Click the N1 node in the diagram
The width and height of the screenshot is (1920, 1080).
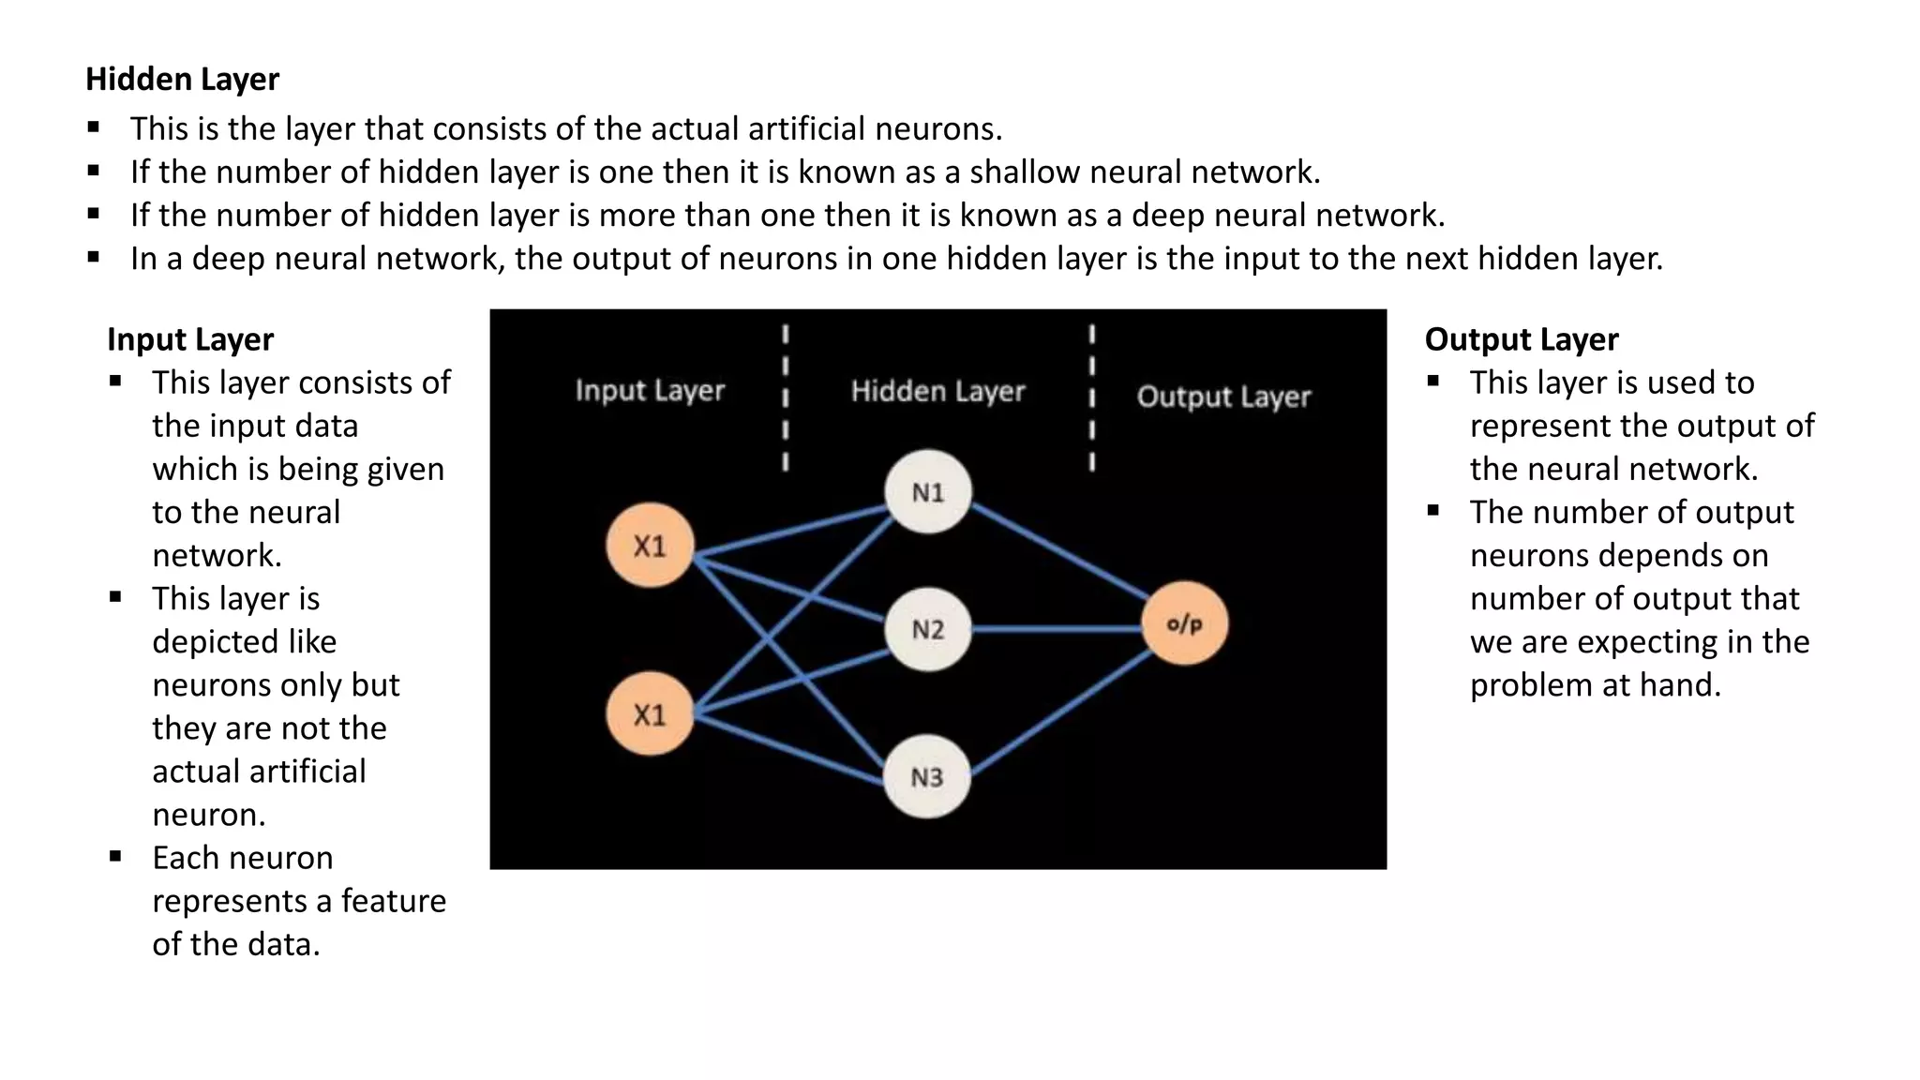(x=928, y=492)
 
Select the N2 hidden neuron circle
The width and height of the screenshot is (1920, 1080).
(x=928, y=629)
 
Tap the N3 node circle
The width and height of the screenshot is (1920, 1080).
(x=927, y=776)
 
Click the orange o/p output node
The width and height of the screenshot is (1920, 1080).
(x=1185, y=623)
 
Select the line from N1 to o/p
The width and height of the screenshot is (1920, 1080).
(x=1059, y=553)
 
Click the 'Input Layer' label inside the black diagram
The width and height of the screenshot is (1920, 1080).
(x=650, y=390)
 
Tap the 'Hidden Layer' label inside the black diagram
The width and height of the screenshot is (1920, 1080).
(x=937, y=391)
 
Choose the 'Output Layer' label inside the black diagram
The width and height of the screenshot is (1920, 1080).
(x=1223, y=397)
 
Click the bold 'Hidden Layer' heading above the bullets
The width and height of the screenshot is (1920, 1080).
(x=182, y=80)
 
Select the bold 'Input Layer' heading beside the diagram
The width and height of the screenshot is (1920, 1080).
(x=190, y=339)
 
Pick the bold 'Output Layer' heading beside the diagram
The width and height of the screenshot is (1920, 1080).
(x=1522, y=339)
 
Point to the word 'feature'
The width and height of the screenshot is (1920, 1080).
(x=393, y=901)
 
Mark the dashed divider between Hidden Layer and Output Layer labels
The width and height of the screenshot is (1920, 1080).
(x=1091, y=398)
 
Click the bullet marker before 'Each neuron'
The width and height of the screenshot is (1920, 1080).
(x=115, y=856)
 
